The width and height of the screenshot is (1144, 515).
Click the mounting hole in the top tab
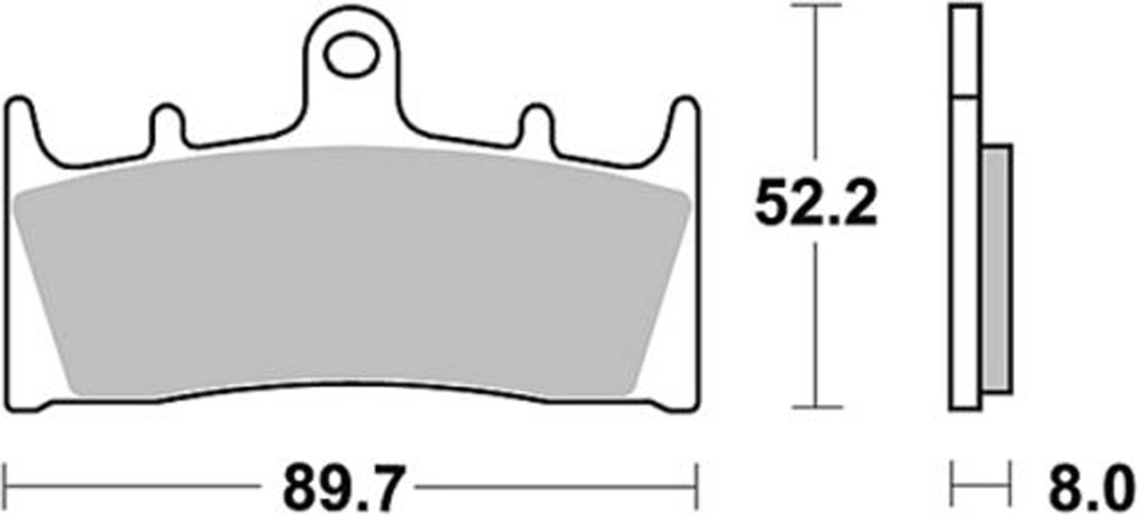click(x=352, y=54)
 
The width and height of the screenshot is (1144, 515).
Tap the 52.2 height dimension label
click(x=815, y=203)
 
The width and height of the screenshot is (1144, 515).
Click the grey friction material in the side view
click(x=997, y=269)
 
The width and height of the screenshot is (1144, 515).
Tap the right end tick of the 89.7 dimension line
click(x=696, y=486)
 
